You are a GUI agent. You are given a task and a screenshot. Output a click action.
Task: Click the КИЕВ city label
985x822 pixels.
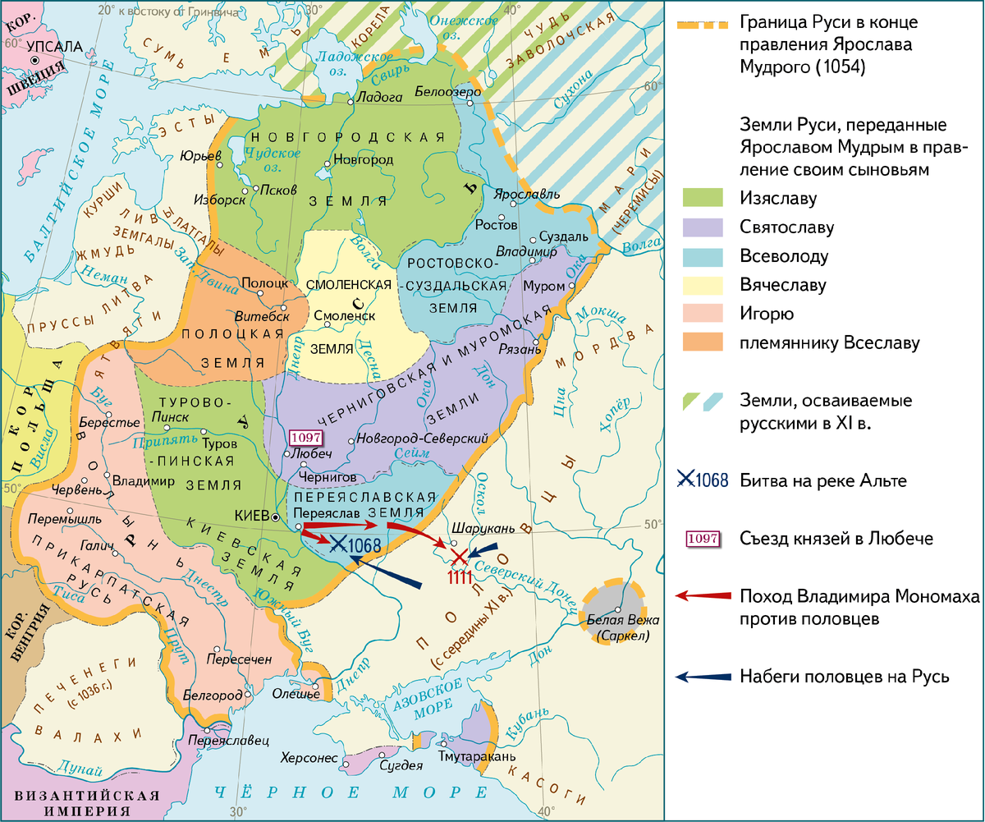point(251,516)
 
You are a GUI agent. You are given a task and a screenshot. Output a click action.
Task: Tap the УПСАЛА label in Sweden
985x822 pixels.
point(55,47)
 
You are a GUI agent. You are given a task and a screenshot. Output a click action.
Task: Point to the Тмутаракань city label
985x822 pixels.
point(476,756)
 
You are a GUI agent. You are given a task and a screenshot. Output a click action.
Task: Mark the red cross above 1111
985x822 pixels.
point(460,557)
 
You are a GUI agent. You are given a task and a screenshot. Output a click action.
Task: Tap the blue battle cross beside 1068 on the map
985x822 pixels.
point(337,544)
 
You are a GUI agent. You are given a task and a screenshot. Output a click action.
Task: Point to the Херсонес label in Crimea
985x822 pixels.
point(309,757)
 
